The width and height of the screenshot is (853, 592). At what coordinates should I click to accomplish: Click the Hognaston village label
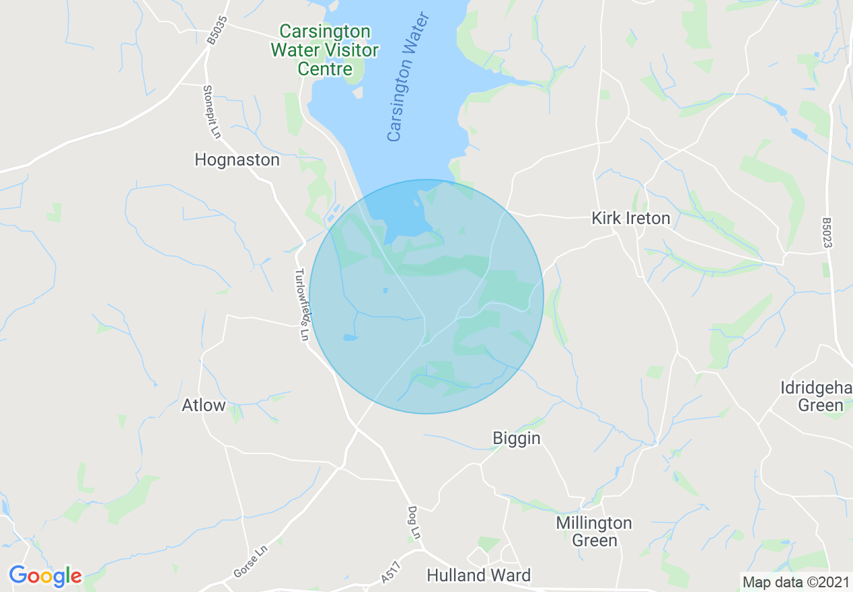[x=237, y=159]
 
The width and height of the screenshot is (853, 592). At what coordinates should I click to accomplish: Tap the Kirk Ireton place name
[x=630, y=218]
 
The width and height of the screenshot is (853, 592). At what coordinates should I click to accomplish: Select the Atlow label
[x=204, y=405]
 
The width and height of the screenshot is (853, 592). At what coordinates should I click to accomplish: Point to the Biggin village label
[x=517, y=438]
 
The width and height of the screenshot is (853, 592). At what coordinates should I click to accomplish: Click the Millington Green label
[x=594, y=531]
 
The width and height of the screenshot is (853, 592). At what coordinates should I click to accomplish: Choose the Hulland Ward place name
[x=479, y=575]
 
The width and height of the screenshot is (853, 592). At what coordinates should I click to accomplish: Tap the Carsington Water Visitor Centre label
[x=324, y=50]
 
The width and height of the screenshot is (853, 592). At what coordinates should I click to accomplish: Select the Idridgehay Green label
[x=817, y=396]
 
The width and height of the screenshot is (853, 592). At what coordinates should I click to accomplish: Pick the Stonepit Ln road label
[x=212, y=112]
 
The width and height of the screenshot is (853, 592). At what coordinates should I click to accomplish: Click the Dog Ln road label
[x=414, y=522]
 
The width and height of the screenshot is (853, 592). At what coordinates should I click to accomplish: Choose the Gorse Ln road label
[x=250, y=561]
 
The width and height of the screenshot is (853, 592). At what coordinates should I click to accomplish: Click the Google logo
[x=45, y=576]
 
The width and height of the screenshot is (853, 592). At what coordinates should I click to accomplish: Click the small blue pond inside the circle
[x=350, y=337]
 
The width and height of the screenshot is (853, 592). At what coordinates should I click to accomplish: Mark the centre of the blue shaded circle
[x=426, y=297]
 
